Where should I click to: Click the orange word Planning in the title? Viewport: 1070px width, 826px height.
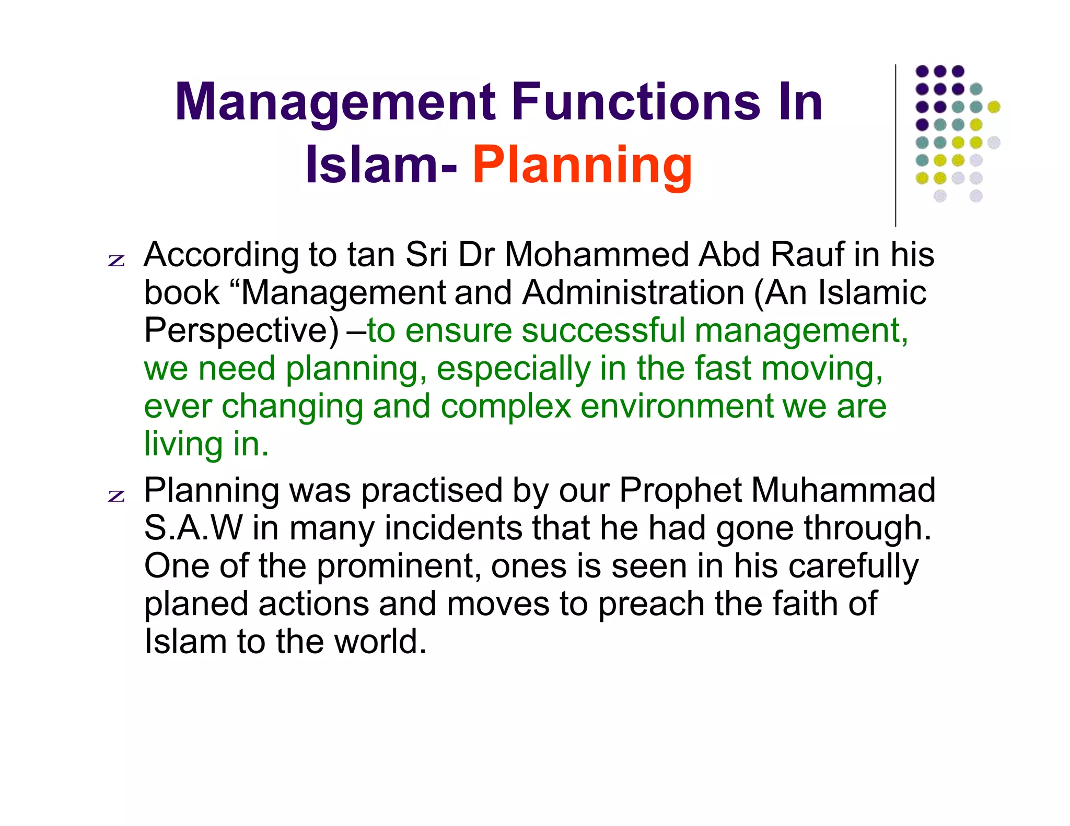click(x=582, y=166)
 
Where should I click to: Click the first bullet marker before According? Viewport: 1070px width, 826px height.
click(x=117, y=260)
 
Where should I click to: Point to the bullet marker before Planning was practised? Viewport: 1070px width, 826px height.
click(x=117, y=495)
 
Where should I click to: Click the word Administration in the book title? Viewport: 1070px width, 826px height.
click(x=633, y=292)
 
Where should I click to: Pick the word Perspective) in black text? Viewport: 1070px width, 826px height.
click(x=241, y=331)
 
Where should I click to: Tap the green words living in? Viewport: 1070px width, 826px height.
click(x=206, y=444)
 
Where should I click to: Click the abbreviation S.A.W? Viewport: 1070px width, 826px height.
click(x=193, y=528)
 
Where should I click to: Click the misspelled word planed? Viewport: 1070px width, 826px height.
click(x=196, y=605)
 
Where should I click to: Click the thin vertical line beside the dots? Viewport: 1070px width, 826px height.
click(x=895, y=146)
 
